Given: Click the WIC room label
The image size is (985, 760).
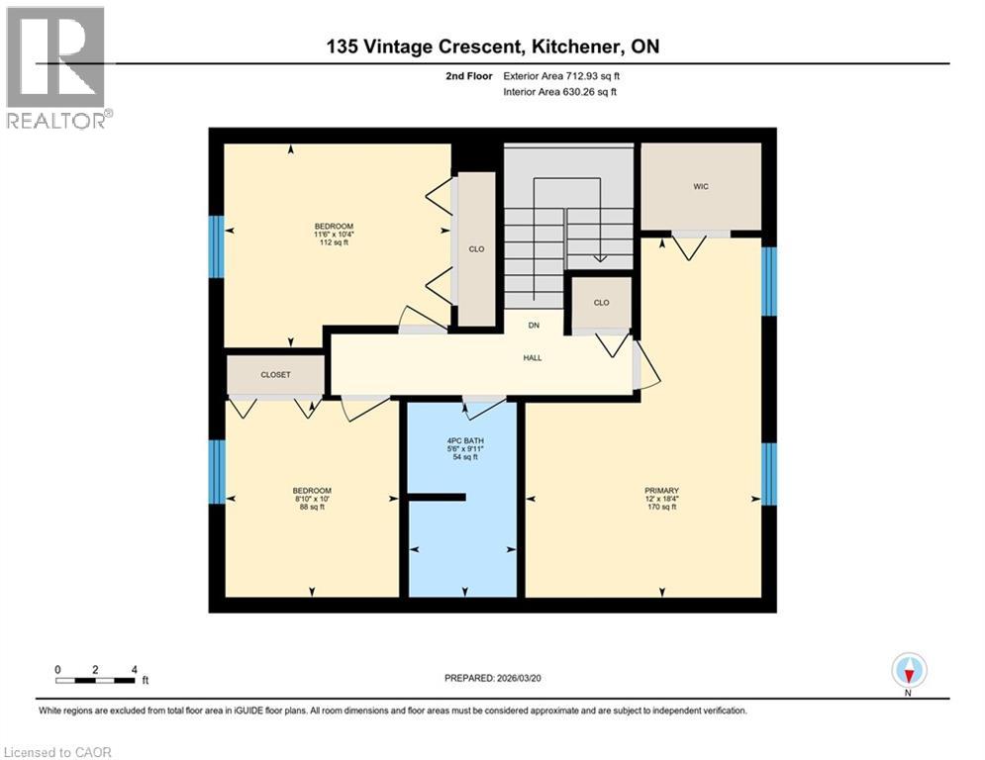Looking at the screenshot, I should click(701, 186).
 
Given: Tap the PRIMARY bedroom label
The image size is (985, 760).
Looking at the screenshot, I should click(661, 490).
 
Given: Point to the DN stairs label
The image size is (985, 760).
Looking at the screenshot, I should click(532, 326).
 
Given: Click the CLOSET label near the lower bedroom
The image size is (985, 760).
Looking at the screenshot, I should click(275, 375).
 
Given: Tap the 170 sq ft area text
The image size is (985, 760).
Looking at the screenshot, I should click(661, 508).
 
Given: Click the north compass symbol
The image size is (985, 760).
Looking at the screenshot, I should click(908, 671).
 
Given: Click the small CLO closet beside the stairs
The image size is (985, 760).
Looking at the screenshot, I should click(601, 303).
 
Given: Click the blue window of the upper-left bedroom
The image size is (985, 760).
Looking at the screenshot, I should click(216, 246).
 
